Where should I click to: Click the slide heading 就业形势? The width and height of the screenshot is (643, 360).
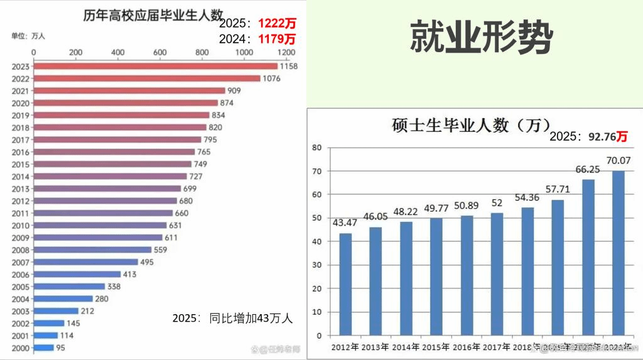tap(481, 37)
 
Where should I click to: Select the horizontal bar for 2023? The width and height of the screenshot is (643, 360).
tap(155, 66)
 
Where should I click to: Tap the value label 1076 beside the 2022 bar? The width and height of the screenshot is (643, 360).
tap(272, 79)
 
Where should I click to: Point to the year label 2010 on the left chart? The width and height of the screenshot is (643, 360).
tap(21, 225)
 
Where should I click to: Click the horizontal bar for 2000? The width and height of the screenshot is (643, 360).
tap(43, 347)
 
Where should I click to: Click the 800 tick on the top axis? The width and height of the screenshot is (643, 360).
tap(202, 52)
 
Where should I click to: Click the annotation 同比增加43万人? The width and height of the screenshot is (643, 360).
tap(251, 319)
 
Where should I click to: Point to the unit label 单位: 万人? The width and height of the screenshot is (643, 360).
tap(28, 36)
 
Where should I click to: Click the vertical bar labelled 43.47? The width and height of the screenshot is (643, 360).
tap(345, 284)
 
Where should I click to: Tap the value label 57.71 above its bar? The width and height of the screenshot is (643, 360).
tap(556, 188)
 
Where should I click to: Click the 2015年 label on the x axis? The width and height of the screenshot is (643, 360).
tap(436, 347)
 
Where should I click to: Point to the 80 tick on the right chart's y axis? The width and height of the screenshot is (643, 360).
tap(316, 148)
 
